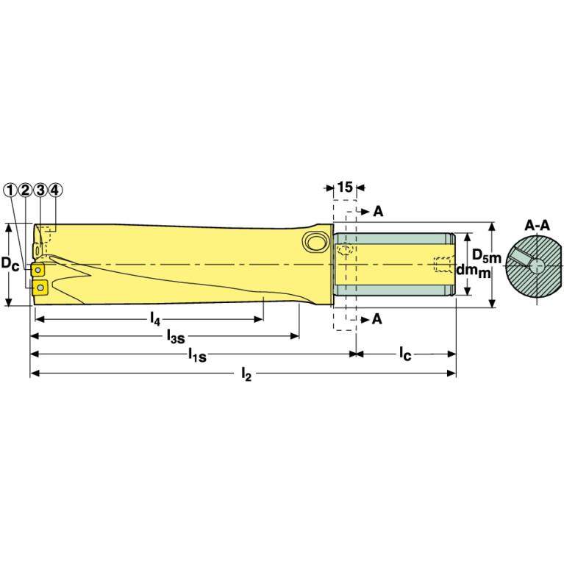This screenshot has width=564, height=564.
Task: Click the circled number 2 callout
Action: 25,190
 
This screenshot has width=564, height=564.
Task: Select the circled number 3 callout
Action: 40,190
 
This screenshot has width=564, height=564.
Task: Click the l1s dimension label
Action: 196,356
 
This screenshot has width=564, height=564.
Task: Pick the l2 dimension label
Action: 247,374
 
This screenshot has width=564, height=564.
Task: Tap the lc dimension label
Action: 405,354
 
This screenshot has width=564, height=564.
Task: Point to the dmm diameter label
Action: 473,271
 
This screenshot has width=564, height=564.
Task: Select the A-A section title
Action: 538,225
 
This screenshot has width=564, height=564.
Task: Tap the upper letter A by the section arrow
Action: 377,212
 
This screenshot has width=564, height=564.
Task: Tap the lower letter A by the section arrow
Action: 377,318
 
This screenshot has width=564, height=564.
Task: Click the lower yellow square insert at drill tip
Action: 40,286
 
